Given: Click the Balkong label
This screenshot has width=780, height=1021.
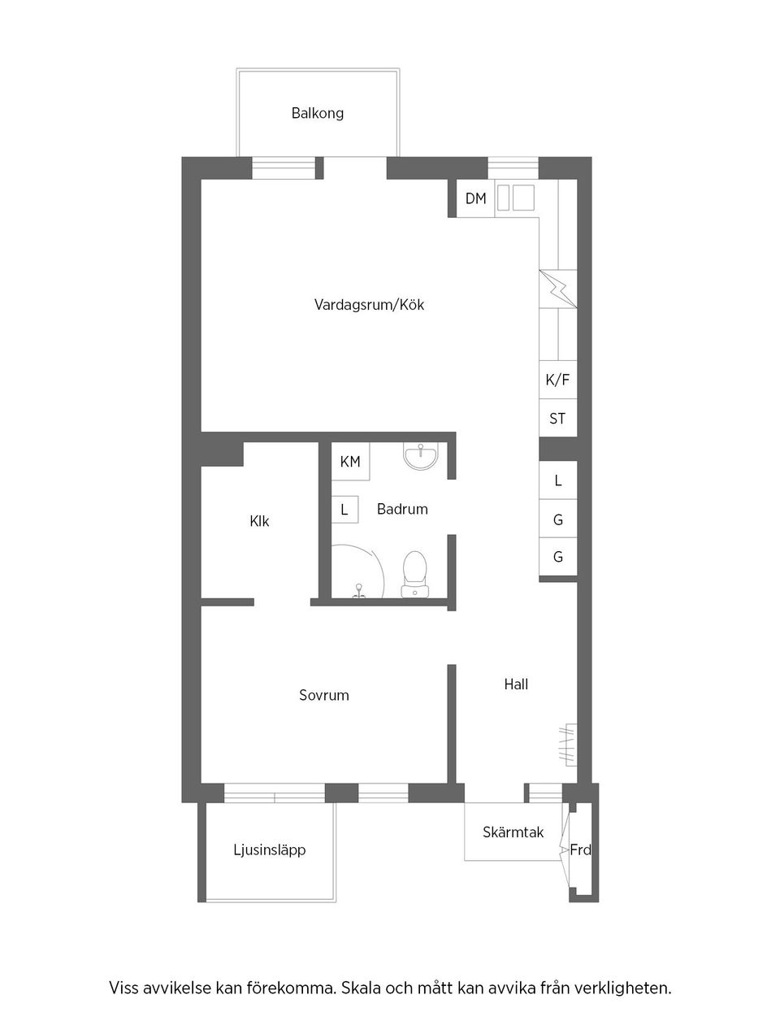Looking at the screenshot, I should [x=318, y=113].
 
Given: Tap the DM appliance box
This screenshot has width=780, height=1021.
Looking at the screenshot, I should [x=475, y=198].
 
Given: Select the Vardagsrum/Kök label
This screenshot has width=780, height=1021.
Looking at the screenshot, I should [x=370, y=305].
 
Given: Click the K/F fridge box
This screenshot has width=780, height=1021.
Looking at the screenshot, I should [x=557, y=380].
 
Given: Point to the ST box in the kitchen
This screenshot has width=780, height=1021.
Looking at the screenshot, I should [x=557, y=419].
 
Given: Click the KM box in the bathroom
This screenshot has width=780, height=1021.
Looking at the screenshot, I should [x=350, y=462].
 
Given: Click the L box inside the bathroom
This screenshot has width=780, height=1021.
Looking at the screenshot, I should [x=344, y=510].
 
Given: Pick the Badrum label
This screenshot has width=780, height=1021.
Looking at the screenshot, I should [x=402, y=509].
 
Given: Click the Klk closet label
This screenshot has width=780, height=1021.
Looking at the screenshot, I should [x=259, y=521].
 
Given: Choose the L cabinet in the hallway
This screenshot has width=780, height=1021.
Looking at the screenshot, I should [x=558, y=480].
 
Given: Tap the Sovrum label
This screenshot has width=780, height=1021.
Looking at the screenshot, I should [x=324, y=695].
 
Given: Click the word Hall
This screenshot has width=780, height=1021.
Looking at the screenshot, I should [x=516, y=684].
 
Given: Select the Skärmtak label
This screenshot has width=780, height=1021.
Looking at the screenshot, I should [x=513, y=832].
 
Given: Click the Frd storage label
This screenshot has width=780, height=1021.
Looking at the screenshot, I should [x=580, y=850].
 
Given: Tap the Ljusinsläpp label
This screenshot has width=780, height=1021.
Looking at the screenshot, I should [x=270, y=850].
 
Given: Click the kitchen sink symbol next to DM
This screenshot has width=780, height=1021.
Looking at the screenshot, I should [x=516, y=197].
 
